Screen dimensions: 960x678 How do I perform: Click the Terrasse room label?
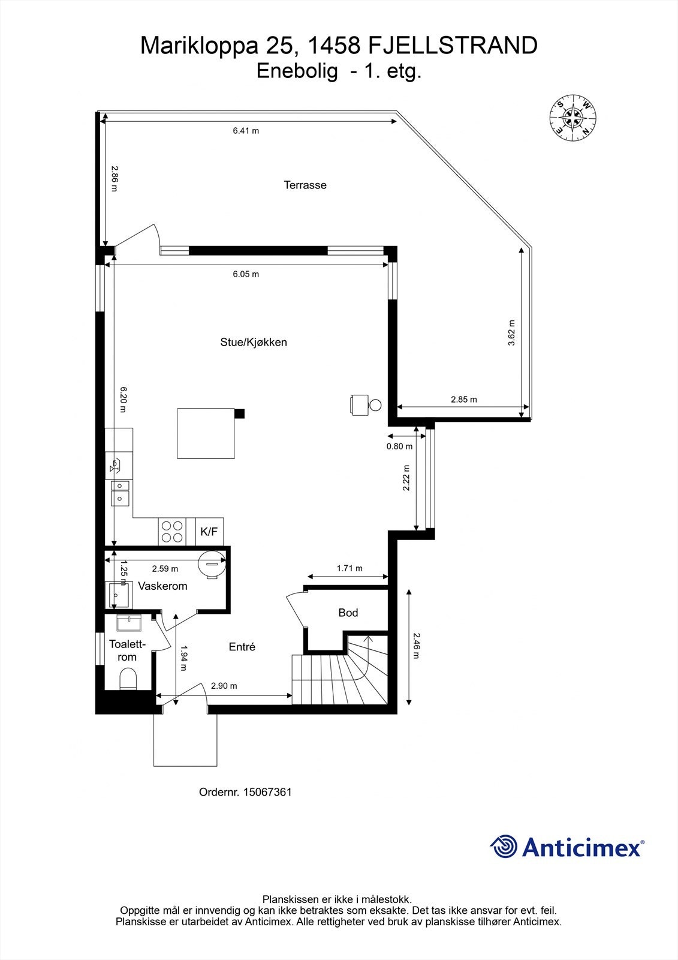coord(305,185)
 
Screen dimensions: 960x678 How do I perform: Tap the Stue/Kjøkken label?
coord(254,343)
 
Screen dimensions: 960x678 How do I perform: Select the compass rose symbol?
coord(572,118)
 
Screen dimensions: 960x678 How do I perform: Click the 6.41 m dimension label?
coord(246,131)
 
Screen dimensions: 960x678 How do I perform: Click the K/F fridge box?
coord(209,532)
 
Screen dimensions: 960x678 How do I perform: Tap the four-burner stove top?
coord(172,532)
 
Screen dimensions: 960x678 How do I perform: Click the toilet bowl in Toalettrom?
coord(128,680)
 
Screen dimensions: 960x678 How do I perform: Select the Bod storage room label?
coord(348,613)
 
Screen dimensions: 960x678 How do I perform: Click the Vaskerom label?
coord(162,586)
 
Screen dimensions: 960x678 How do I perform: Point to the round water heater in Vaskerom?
coord(211,564)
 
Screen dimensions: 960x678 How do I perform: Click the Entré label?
coord(242,647)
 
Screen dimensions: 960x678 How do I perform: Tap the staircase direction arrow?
coord(367,645)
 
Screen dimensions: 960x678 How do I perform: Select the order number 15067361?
coord(267,792)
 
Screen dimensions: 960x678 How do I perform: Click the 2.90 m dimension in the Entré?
coord(224,686)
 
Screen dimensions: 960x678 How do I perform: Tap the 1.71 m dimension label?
coord(349,569)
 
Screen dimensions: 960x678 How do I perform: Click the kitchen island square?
coord(206,433)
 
